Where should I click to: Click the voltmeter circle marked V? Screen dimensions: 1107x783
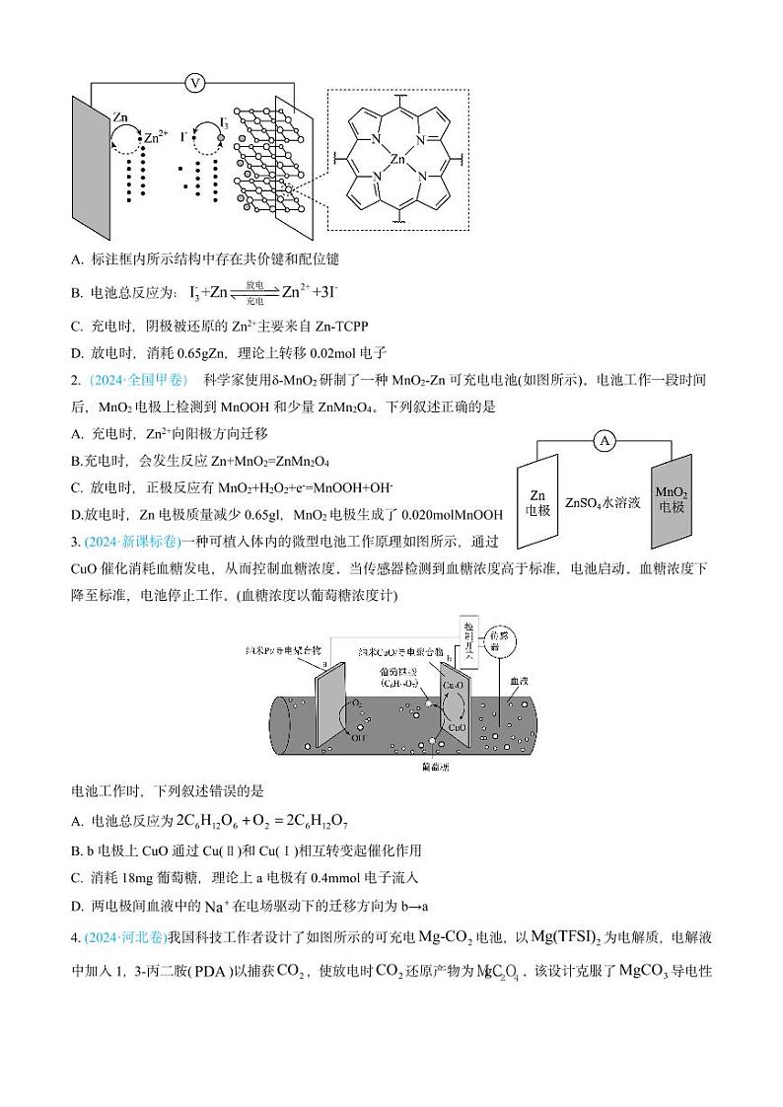194,83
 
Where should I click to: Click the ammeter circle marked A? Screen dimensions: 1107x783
604,442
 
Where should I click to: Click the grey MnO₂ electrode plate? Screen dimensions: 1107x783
672,500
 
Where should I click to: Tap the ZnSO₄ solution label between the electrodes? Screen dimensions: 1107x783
603,502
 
